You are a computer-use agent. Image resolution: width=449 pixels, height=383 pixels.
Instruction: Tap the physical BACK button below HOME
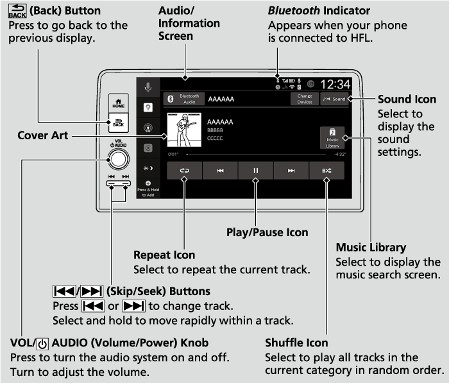[x=119, y=122]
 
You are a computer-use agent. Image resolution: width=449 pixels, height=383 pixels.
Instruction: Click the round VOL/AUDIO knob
[x=118, y=159]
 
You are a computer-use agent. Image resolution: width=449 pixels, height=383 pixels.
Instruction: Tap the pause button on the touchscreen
[x=255, y=171]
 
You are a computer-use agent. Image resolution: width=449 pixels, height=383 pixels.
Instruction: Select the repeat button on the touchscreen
[x=184, y=171]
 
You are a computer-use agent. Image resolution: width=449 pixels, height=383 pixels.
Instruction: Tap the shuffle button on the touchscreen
[x=326, y=171]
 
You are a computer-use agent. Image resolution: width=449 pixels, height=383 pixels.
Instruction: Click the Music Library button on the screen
[x=332, y=137]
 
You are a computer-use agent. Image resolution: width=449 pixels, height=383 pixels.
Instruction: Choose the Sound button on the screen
[x=334, y=99]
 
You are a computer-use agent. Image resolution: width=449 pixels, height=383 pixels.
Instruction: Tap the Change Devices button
[x=305, y=99]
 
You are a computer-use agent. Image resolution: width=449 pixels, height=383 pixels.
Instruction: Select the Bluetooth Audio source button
[x=183, y=99]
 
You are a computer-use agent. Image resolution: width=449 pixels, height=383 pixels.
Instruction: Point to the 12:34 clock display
[x=335, y=84]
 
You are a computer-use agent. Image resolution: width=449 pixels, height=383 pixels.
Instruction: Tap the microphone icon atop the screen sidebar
[x=148, y=87]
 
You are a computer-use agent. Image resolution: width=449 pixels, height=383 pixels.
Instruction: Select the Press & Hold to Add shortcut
[x=148, y=189]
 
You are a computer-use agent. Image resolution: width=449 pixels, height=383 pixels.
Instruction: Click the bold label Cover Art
[x=42, y=136]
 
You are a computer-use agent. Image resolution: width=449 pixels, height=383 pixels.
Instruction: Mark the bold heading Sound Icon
[x=407, y=99]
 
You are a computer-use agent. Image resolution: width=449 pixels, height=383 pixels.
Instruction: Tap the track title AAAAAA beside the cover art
[x=220, y=122]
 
